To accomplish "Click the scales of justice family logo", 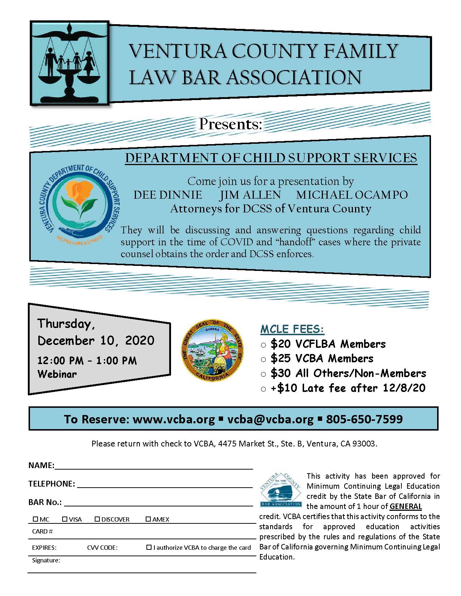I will coord(69,63).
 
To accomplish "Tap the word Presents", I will coord(230,124).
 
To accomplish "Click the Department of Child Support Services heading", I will coord(271,158).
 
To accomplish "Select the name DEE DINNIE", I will coord(168,195).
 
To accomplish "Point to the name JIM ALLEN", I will coord(250,195).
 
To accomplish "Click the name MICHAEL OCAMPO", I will coord(352,195).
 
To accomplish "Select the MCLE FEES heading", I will coord(292,329).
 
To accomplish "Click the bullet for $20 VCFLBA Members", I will coord(263,345).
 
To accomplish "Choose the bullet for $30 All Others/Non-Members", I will coord(263,374).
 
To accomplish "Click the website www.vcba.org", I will coord(174,419).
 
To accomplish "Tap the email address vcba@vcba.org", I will coord(270,419).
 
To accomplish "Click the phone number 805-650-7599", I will coord(364,419).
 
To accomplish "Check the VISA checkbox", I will coord(65,519).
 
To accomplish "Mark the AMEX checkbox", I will coord(148,519).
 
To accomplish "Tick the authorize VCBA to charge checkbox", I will coord(149,547).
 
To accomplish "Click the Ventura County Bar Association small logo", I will coord(281,489).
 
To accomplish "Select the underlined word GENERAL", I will coord(406,506).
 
